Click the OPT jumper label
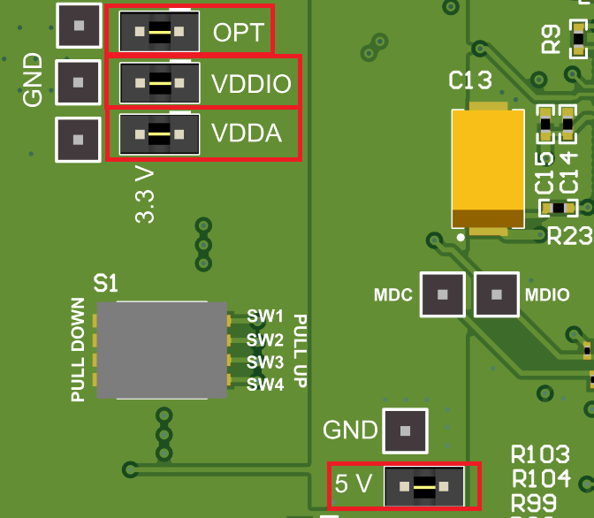click(238, 33)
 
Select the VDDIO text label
click(251, 84)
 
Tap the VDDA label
click(247, 134)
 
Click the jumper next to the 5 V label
click(424, 485)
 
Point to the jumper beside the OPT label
click(159, 33)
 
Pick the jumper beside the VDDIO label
click(159, 84)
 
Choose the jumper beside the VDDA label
click(159, 135)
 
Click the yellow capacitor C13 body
click(488, 168)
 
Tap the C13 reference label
click(470, 82)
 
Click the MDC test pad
click(443, 294)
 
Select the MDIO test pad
click(497, 294)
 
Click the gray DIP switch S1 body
click(162, 350)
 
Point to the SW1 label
click(265, 316)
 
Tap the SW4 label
click(265, 385)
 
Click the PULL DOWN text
click(79, 350)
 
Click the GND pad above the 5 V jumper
click(405, 431)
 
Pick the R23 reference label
click(564, 236)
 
